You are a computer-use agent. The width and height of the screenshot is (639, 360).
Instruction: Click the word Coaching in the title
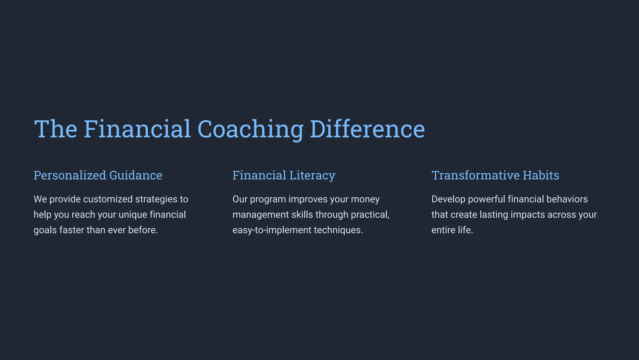coord(250,129)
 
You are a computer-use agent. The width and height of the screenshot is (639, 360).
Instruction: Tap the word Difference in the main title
coord(367,129)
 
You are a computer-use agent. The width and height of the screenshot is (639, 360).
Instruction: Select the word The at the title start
coord(56,129)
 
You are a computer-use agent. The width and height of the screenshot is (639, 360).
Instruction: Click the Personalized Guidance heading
coord(98,175)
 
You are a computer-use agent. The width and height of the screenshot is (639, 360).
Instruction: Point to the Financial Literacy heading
coord(284,175)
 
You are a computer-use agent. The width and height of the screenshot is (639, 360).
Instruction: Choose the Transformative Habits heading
coord(495,175)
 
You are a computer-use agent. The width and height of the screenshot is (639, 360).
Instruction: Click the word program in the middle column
coord(268,199)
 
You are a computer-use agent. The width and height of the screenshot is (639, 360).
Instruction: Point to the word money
coord(365,199)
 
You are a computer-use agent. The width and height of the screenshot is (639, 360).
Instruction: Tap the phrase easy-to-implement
coord(272,230)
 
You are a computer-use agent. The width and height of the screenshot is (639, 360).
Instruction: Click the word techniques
coord(338,230)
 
